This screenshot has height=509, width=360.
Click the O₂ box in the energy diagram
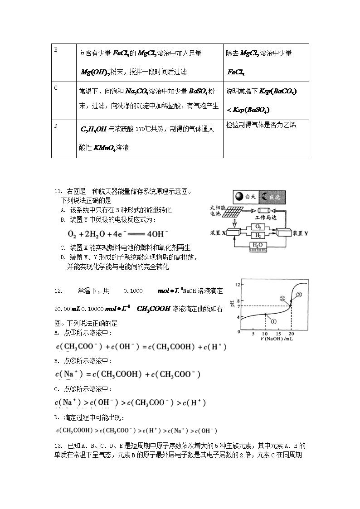tap(257, 226)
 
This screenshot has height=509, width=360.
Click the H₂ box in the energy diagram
tap(257, 235)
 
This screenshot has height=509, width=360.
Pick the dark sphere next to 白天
tap(239, 197)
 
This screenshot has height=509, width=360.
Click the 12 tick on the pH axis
tap(237, 284)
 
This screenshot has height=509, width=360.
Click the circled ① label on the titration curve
tap(273, 320)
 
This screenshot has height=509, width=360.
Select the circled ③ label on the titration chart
tap(299, 295)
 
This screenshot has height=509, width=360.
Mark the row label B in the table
tap(56, 49)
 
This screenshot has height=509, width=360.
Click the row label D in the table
tap(56, 126)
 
